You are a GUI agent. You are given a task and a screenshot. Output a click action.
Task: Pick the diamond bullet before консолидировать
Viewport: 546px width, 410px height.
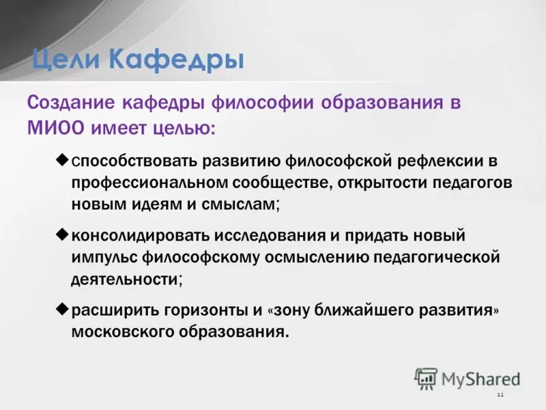(61, 234)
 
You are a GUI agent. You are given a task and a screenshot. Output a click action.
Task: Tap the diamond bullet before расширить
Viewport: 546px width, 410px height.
(61, 309)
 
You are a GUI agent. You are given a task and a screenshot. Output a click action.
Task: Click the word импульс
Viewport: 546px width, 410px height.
(104, 258)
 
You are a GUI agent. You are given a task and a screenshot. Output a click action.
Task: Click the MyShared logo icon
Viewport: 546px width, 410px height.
(427, 379)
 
